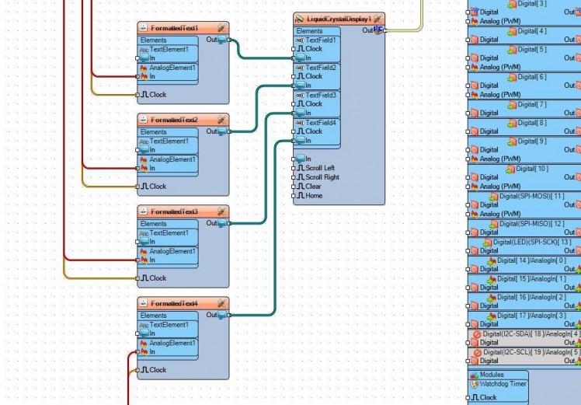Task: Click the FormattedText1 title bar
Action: [x=174, y=28]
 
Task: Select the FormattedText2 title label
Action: [x=174, y=120]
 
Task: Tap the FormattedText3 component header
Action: [x=174, y=211]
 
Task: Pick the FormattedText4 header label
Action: [x=174, y=303]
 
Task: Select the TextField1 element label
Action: [x=321, y=40]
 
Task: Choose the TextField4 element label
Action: [x=321, y=123]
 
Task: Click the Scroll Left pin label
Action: [x=320, y=168]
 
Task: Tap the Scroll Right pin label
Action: [x=322, y=177]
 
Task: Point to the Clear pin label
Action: [x=314, y=187]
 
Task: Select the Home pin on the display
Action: [x=314, y=196]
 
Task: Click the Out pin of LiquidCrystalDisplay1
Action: [x=378, y=30]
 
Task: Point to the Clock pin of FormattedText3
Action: [x=158, y=278]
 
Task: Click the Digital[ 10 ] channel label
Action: [x=531, y=169]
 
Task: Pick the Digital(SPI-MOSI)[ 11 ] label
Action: [x=531, y=196]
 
